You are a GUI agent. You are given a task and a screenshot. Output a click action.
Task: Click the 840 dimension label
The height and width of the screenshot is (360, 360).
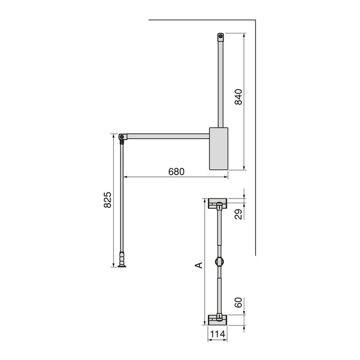tap(238, 97)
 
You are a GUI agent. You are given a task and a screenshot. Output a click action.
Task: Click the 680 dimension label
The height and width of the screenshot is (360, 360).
tap(176, 171)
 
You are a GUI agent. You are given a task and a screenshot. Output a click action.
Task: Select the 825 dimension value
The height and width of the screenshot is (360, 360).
tap(107, 200)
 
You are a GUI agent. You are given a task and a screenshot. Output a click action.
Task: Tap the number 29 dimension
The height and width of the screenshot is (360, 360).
tap(238, 214)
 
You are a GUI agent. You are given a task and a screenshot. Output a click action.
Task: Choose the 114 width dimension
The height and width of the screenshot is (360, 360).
tap(218, 334)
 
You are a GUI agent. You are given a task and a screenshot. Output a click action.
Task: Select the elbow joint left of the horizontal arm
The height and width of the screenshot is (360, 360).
tap(122, 137)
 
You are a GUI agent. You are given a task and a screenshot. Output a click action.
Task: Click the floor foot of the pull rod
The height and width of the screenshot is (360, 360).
tap(122, 264)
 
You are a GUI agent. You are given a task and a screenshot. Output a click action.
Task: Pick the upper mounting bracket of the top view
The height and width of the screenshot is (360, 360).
tap(219, 203)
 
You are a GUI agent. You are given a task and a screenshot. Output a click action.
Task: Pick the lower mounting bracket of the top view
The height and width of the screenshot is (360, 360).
tap(219, 319)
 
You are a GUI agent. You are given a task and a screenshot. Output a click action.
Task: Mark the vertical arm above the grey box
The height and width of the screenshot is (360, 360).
tap(221, 82)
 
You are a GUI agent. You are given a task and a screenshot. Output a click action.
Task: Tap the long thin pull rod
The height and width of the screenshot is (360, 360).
tap(122, 201)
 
